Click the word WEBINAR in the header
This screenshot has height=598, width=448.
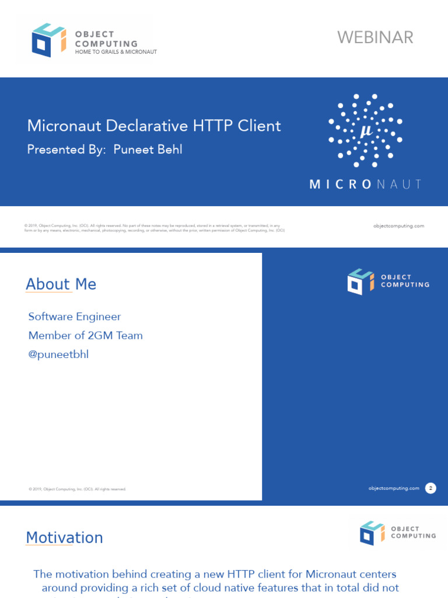[375, 37]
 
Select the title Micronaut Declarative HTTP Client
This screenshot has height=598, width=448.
[154, 126]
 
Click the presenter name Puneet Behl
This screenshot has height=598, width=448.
[148, 149]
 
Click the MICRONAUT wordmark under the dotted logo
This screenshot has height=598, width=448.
[366, 184]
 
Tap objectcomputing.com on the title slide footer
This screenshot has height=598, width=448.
[398, 225]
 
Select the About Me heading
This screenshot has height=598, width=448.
[61, 284]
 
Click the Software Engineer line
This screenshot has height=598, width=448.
[75, 317]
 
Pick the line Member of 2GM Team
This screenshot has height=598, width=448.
[86, 335]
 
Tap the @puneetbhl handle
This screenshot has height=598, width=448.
[58, 354]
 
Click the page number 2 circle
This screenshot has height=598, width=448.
[430, 488]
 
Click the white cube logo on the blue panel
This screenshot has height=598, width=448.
[360, 281]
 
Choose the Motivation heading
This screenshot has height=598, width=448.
[64, 538]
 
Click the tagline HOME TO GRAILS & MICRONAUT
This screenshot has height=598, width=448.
[116, 52]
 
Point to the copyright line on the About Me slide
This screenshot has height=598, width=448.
[77, 489]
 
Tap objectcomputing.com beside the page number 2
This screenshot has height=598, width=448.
[394, 488]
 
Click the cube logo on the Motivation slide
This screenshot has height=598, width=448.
[372, 532]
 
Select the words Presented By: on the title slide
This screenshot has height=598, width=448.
[66, 149]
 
